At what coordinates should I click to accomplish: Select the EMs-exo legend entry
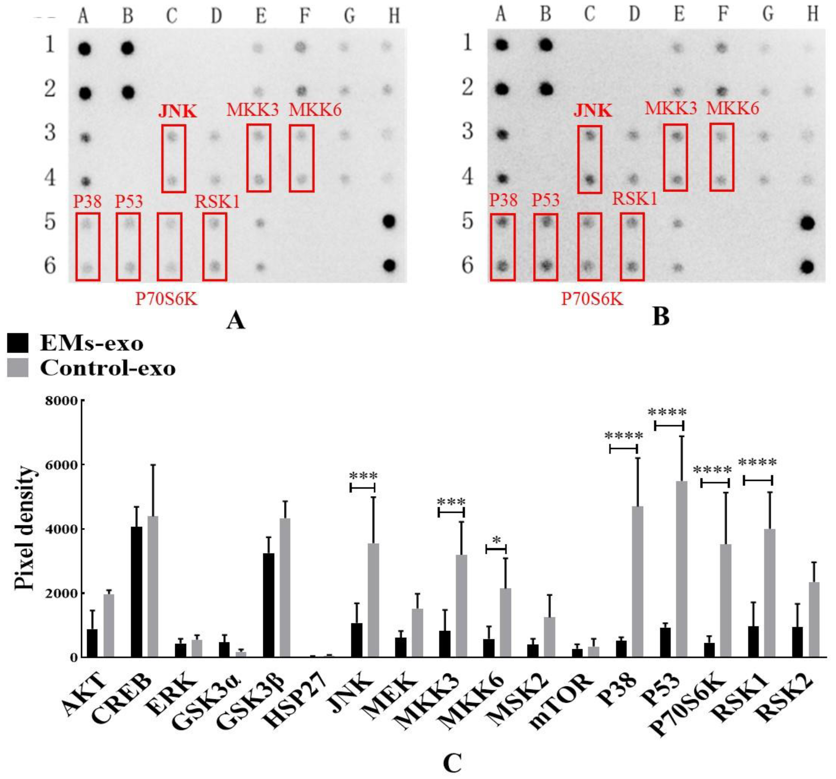click(x=76, y=344)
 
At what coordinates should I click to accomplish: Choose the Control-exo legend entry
click(x=90, y=369)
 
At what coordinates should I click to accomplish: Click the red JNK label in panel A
click(x=178, y=111)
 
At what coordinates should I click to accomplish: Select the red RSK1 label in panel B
click(x=634, y=198)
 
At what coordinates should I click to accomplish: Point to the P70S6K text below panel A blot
click(x=166, y=300)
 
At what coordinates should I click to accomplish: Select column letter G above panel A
click(x=349, y=16)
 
